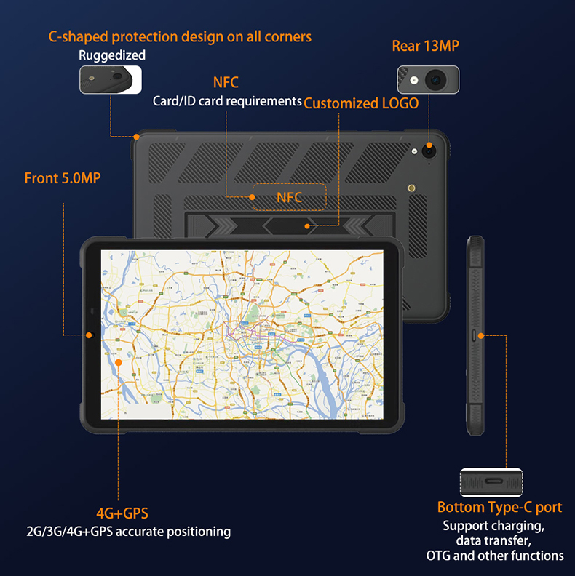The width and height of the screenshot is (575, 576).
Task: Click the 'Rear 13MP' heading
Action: pos(426,47)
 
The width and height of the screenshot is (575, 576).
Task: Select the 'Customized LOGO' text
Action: pos(361,103)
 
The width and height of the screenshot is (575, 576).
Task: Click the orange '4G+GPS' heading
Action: pos(127,513)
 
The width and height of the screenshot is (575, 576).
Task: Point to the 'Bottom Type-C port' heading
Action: pos(499,508)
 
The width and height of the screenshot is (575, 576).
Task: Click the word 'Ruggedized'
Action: pos(112,55)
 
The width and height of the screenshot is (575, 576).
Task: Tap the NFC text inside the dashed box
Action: pos(289,197)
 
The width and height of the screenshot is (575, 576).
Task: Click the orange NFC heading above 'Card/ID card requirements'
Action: pos(226,83)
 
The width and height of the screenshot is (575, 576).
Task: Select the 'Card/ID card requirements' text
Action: pos(227,101)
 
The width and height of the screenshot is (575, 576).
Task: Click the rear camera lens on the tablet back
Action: pos(429,150)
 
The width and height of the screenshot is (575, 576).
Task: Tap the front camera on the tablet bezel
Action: pos(90,335)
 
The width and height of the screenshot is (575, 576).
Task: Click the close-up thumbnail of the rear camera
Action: pos(428,79)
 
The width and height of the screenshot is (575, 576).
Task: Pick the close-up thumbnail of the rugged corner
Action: pos(111,79)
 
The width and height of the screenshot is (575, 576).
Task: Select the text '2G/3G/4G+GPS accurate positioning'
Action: pos(127,532)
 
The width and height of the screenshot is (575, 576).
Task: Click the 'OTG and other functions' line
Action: pos(495,556)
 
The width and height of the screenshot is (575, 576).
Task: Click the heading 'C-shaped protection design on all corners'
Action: pos(180,36)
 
